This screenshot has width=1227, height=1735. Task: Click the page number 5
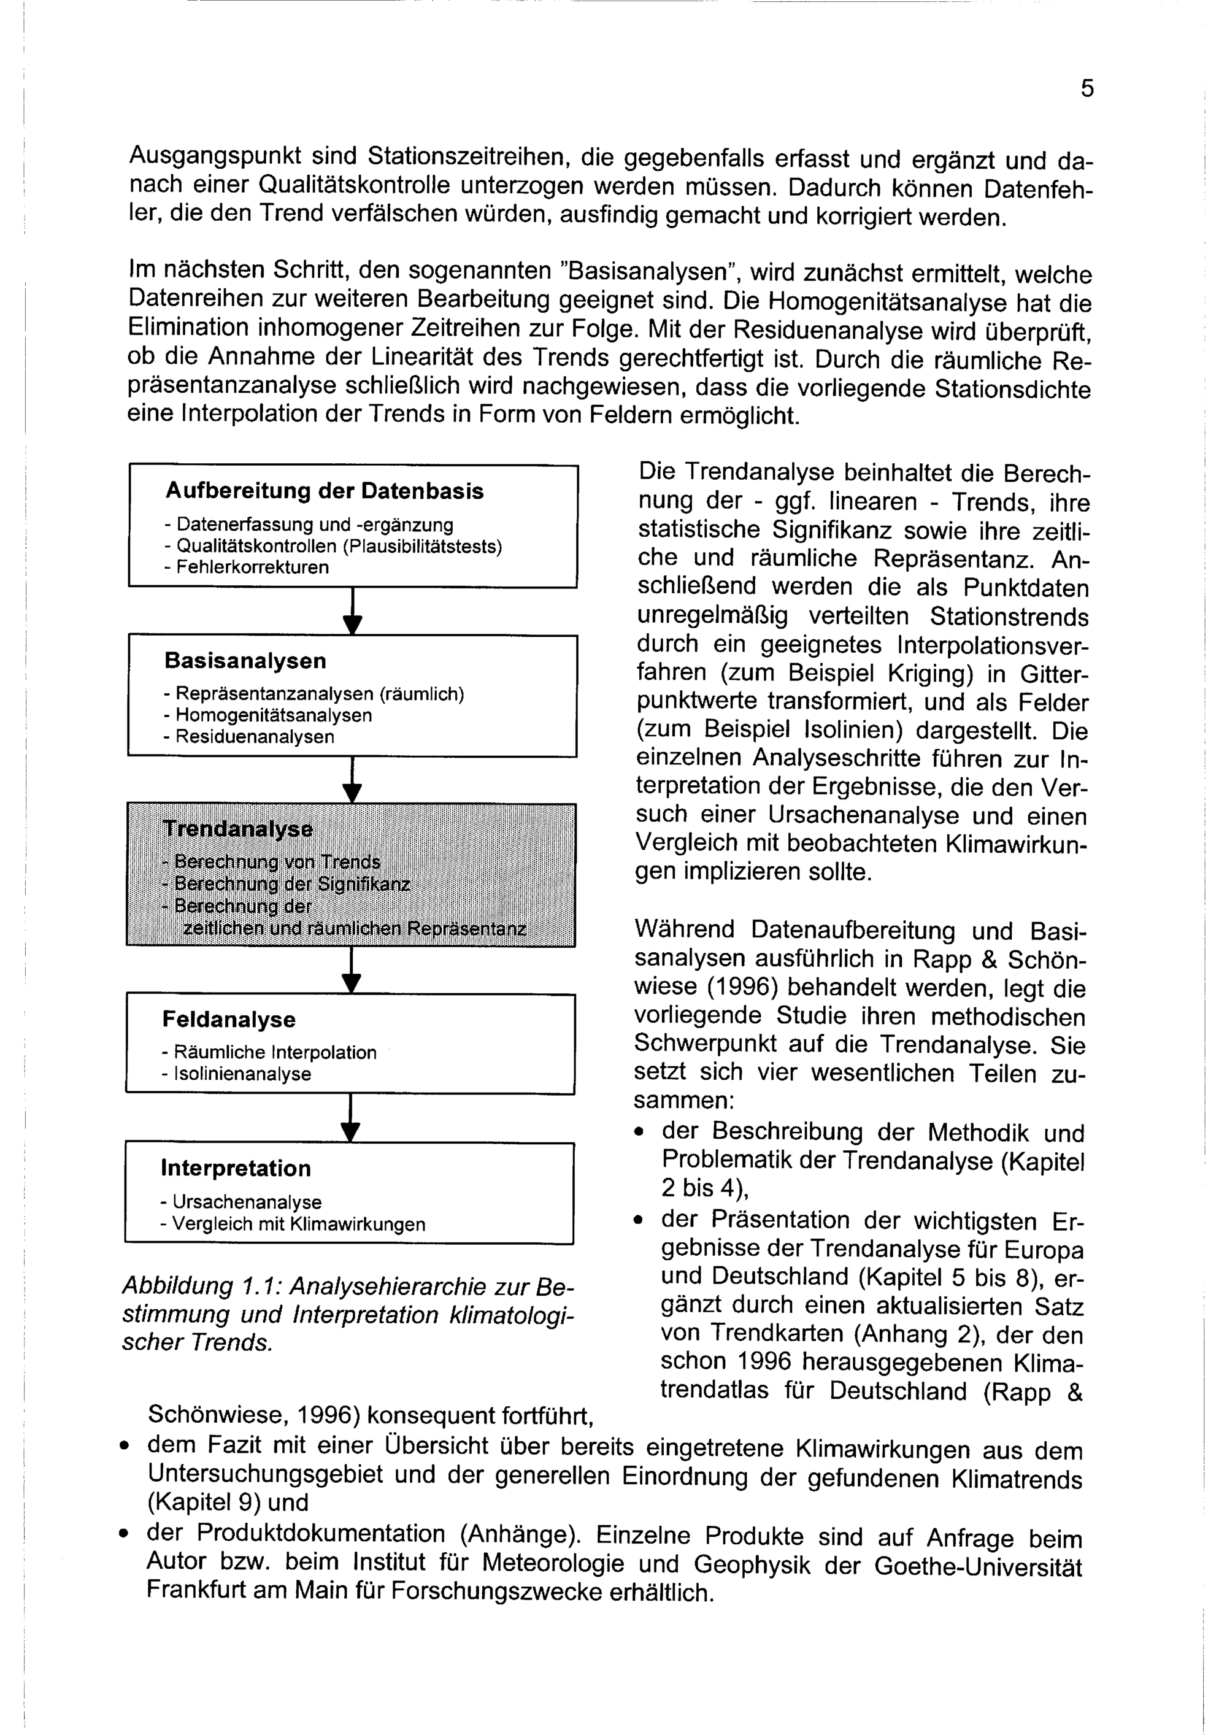[1087, 89]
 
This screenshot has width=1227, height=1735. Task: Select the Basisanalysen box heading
[245, 661]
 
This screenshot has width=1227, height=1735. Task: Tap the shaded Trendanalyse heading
[237, 829]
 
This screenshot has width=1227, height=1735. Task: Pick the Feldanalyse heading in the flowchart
[228, 1020]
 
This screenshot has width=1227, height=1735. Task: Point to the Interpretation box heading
[235, 1168]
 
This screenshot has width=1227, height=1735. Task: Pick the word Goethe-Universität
[978, 1566]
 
